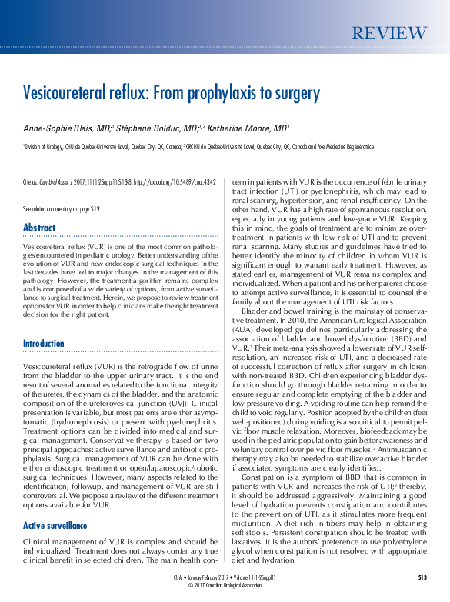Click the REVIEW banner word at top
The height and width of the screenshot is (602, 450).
pos(388,33)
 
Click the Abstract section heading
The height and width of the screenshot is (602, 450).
pos(39,228)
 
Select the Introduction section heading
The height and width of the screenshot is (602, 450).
pos(44,343)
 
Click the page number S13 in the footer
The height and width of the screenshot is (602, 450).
pos(422,577)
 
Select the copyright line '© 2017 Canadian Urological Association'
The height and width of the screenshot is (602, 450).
pos(225,584)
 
